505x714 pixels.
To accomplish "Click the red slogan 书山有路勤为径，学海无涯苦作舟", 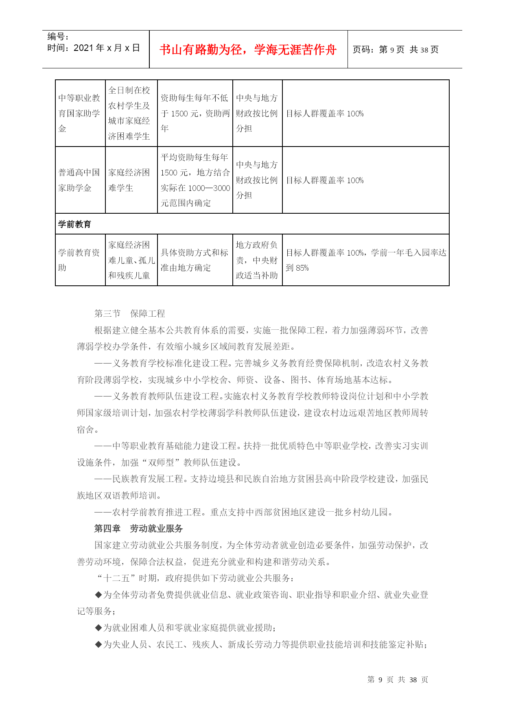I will click(x=248, y=50).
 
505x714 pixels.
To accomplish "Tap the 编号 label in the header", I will click(x=58, y=37).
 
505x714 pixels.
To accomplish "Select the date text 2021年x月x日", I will click(x=107, y=48).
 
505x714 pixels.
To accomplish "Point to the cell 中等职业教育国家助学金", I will click(x=80, y=113).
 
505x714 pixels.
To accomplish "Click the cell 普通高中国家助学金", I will click(x=80, y=180).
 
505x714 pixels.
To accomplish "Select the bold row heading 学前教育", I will click(x=74, y=224).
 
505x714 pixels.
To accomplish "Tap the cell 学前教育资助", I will click(x=80, y=260).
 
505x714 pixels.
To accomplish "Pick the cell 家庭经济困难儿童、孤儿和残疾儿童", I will click(x=131, y=260).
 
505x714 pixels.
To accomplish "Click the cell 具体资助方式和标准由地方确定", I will click(x=195, y=260).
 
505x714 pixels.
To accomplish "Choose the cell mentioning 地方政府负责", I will click(x=257, y=260).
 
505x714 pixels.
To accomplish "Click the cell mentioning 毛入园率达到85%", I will click(x=365, y=260).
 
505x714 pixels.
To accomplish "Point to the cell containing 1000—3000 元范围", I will click(x=195, y=180).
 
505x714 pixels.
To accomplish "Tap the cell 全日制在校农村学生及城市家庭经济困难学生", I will click(x=131, y=113).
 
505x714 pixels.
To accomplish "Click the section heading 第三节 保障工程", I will click(x=129, y=313).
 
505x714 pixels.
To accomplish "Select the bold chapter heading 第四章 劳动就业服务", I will click(x=138, y=528).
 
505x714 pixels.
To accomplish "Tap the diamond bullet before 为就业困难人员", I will click(x=98, y=628).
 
